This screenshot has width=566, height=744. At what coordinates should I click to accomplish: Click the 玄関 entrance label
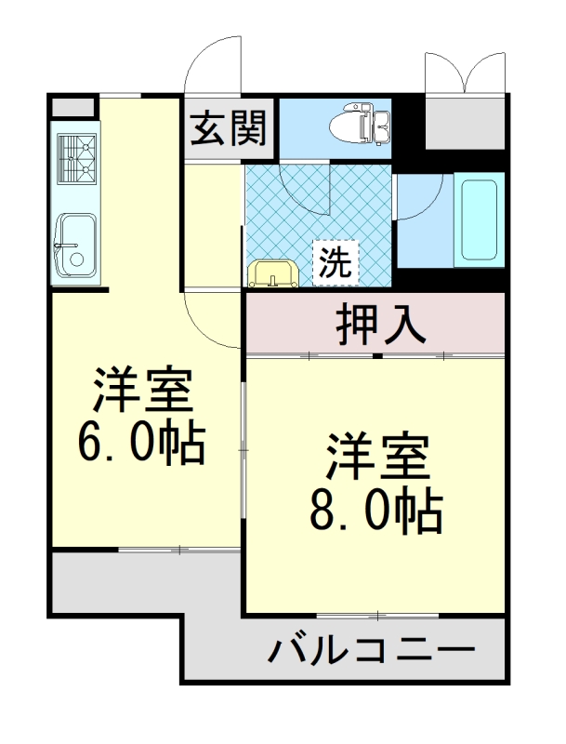pos(229,127)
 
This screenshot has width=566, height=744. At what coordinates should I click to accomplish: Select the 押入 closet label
pos(380,325)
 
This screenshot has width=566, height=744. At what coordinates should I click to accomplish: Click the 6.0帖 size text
pos(140,444)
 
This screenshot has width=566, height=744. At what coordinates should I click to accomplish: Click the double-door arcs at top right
pos(465,72)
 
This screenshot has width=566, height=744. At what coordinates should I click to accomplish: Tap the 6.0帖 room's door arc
pos(212,321)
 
